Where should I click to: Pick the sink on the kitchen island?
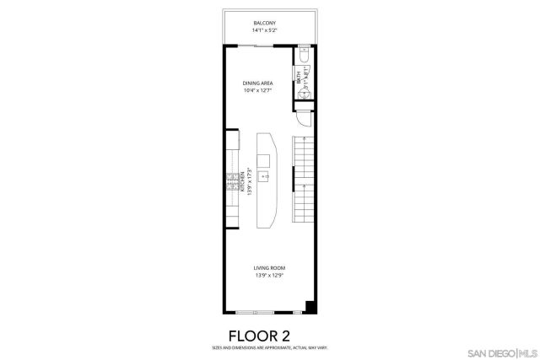(264, 176)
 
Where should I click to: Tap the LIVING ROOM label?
(269, 268)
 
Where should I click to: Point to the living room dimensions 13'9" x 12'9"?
(269, 276)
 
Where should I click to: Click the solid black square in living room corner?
(310, 307)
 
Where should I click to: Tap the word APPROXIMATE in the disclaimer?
(276, 347)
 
